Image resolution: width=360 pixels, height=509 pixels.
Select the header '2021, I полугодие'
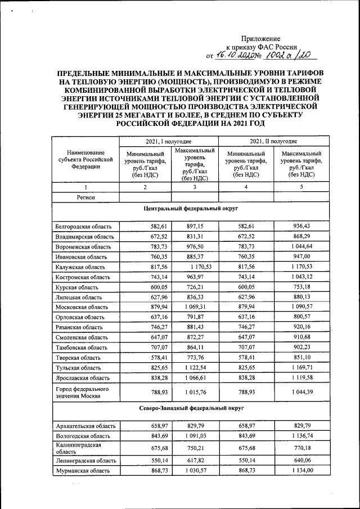[x=169, y=141]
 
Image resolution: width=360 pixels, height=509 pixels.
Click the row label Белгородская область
[x=83, y=226]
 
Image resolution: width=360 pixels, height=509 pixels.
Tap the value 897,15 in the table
[x=195, y=226]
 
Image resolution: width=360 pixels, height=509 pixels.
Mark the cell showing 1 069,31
[x=195, y=307]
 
